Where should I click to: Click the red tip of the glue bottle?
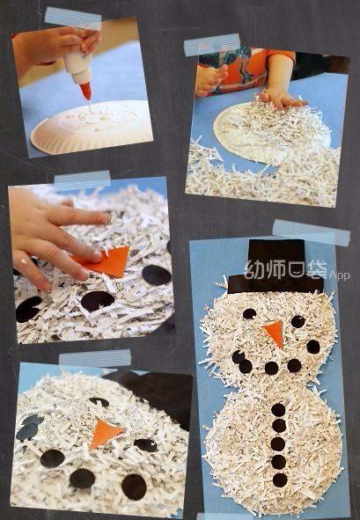pos(86,91)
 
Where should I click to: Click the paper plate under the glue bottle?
pos(92,127)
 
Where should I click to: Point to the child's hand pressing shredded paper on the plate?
pos(281,98)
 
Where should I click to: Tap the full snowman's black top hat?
pos(276,267)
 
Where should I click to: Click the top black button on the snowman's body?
pos(278,409)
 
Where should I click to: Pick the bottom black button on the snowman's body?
pos(280,480)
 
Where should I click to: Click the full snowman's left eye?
pos(249,313)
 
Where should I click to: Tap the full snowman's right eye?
pos(298,321)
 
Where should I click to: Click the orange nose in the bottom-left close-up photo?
pos(105,433)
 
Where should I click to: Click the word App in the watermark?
pos(340,276)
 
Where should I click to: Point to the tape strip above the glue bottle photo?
pos(73,18)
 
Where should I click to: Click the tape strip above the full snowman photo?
pos(312,232)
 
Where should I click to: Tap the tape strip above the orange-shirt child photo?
pos(212,45)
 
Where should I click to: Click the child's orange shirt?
pos(246,69)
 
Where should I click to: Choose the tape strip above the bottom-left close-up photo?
pos(95,357)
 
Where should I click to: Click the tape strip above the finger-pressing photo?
pos(82,180)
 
